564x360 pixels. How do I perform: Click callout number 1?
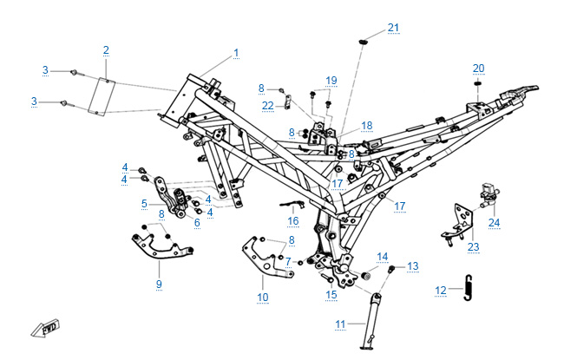point(235,53)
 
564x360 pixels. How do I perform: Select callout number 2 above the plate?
point(106,49)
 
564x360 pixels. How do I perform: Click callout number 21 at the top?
point(394,28)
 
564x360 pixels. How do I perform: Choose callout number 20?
point(478,68)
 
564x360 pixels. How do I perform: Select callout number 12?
point(441,291)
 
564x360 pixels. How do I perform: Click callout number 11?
point(341,324)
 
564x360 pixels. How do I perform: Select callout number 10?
point(263,297)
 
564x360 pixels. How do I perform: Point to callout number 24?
point(494,223)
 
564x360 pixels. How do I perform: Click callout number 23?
point(474,247)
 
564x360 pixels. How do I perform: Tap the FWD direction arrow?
point(42,329)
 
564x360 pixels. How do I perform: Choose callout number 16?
point(293,221)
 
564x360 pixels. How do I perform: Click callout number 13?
point(412,265)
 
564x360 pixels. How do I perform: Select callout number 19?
point(331,81)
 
